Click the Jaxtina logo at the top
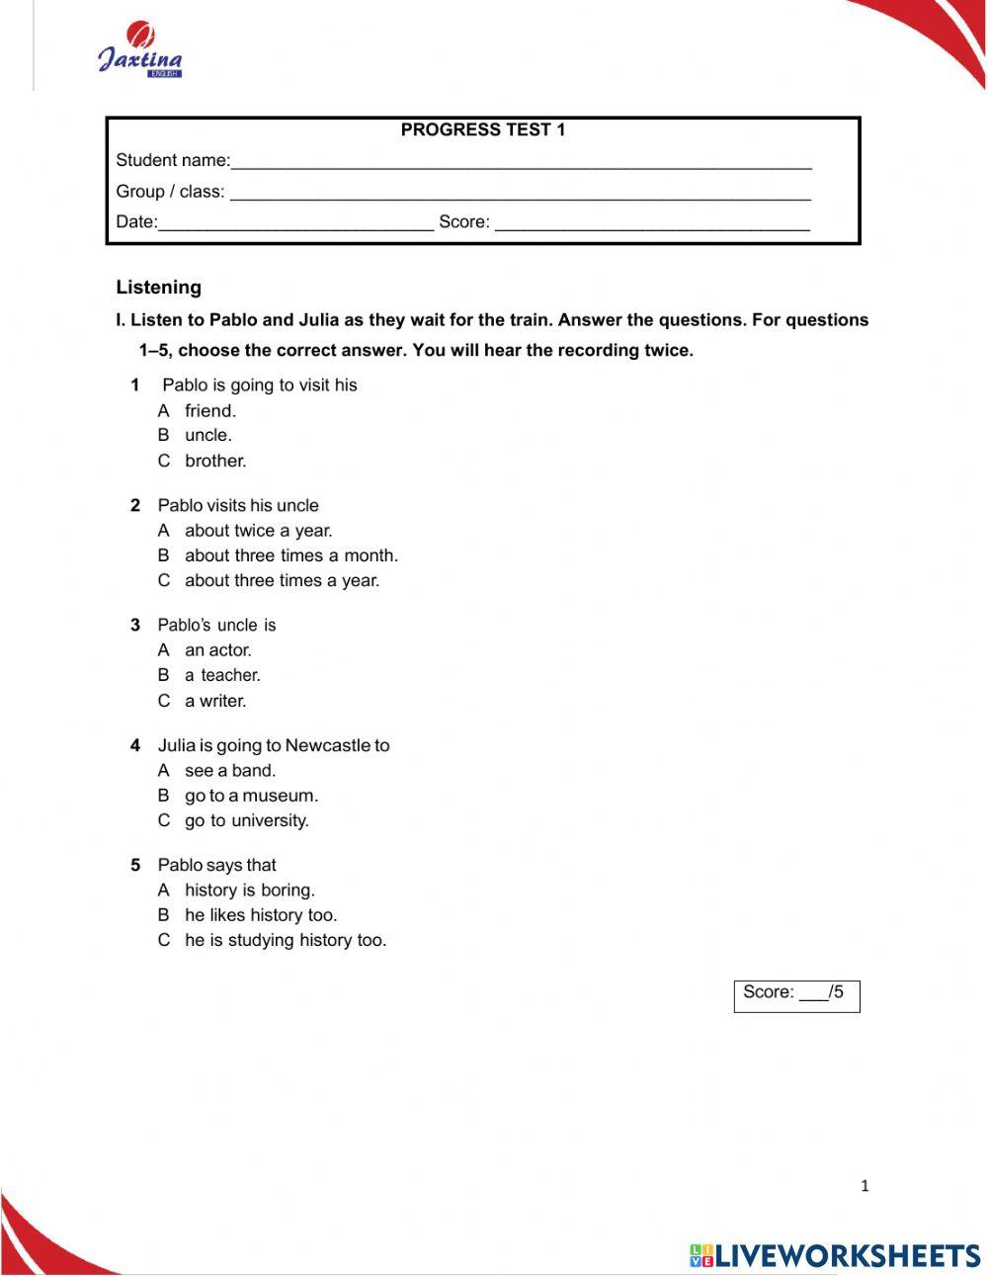139,52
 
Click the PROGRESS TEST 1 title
482,129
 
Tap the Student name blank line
521,163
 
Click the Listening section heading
158,288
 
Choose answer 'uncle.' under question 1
207,435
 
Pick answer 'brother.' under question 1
215,461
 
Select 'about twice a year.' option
258,531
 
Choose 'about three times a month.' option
290,555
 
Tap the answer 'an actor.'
217,650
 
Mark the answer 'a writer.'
215,701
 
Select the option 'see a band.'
230,771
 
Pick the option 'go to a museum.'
251,796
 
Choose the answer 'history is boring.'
249,891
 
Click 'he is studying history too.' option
285,940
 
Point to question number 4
135,746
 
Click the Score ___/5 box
796,995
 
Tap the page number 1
864,1186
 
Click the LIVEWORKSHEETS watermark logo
835,1255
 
